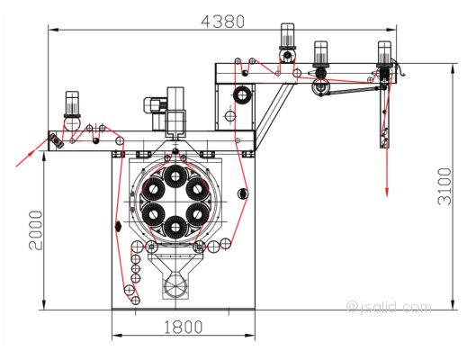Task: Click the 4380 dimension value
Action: click(223, 22)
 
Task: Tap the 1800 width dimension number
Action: click(183, 327)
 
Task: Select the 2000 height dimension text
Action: click(36, 229)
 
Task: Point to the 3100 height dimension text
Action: click(445, 186)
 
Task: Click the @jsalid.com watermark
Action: click(390, 307)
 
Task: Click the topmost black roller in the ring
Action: click(175, 176)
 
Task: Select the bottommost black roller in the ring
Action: click(175, 227)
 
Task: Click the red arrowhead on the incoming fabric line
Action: click(29, 154)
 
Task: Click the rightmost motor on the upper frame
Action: click(384, 55)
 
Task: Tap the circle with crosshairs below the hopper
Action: click(175, 286)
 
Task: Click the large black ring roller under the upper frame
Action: click(242, 95)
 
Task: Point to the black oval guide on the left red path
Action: click(118, 226)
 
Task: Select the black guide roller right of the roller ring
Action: click(243, 193)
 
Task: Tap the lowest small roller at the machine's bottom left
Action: click(135, 301)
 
